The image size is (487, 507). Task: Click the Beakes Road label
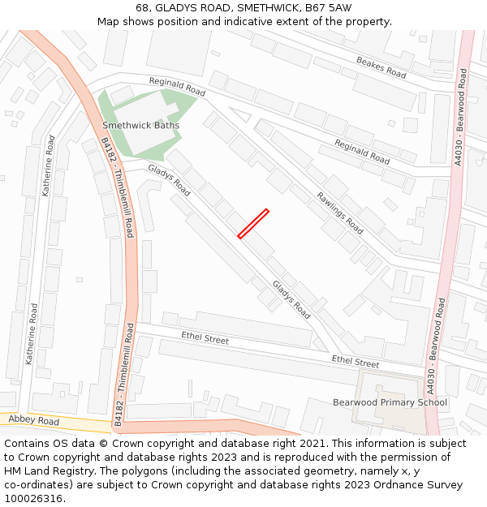coord(381,67)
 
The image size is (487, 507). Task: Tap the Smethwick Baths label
coord(140,126)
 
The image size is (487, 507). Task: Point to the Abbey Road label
coord(33,422)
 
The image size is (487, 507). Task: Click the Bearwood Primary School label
coord(390,402)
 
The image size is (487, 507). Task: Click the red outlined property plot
coord(253,224)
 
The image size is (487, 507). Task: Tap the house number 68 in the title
coord(143,7)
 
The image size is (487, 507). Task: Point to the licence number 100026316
coord(34,499)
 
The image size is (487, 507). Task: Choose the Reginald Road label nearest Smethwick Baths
coord(177,87)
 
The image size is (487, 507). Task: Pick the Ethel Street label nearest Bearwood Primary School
coord(355,363)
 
